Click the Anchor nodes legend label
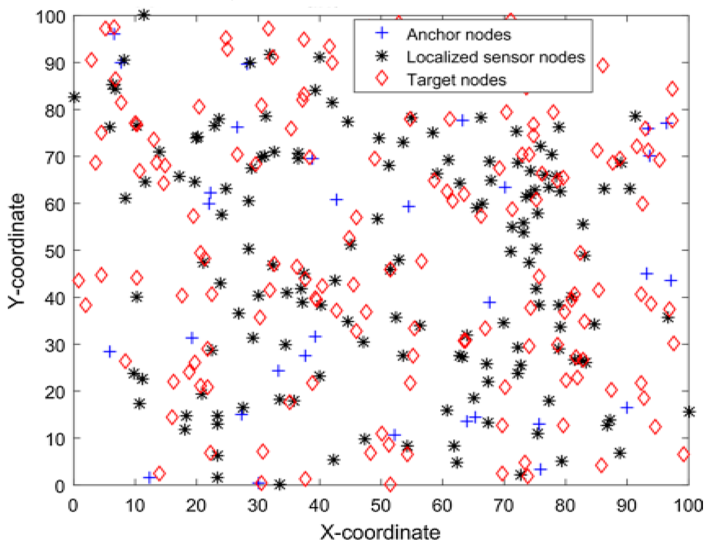pos(458,34)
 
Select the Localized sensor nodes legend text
pos(496,57)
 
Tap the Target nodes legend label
pos(457,80)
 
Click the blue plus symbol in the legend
pos(382,33)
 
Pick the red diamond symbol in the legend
pos(382,78)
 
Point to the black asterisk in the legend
pos(382,56)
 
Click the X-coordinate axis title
pos(380,532)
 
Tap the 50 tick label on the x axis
pos(380,506)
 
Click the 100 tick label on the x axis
pos(688,506)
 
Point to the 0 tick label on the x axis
pos(73,506)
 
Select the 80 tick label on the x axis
pos(565,506)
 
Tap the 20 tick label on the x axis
pos(196,506)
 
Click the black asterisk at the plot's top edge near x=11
pos(144,15)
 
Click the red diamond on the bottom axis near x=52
pos(390,484)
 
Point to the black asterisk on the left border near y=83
pos(75,97)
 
